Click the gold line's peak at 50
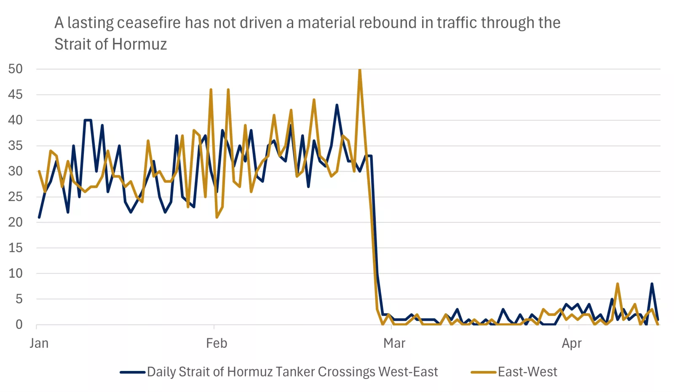click(359, 70)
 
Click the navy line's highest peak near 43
click(337, 105)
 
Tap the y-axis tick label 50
click(15, 69)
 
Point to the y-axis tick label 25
click(15, 197)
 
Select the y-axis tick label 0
click(19, 325)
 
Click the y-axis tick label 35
click(15, 146)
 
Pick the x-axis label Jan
click(39, 343)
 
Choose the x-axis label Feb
click(217, 343)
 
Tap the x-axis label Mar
click(394, 343)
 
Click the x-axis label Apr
click(571, 343)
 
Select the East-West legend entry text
click(527, 372)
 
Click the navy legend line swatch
click(132, 372)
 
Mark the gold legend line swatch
click(483, 372)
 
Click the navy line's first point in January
click(39, 217)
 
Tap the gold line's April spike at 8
click(618, 284)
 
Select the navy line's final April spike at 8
click(652, 284)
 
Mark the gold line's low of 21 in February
click(217, 217)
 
